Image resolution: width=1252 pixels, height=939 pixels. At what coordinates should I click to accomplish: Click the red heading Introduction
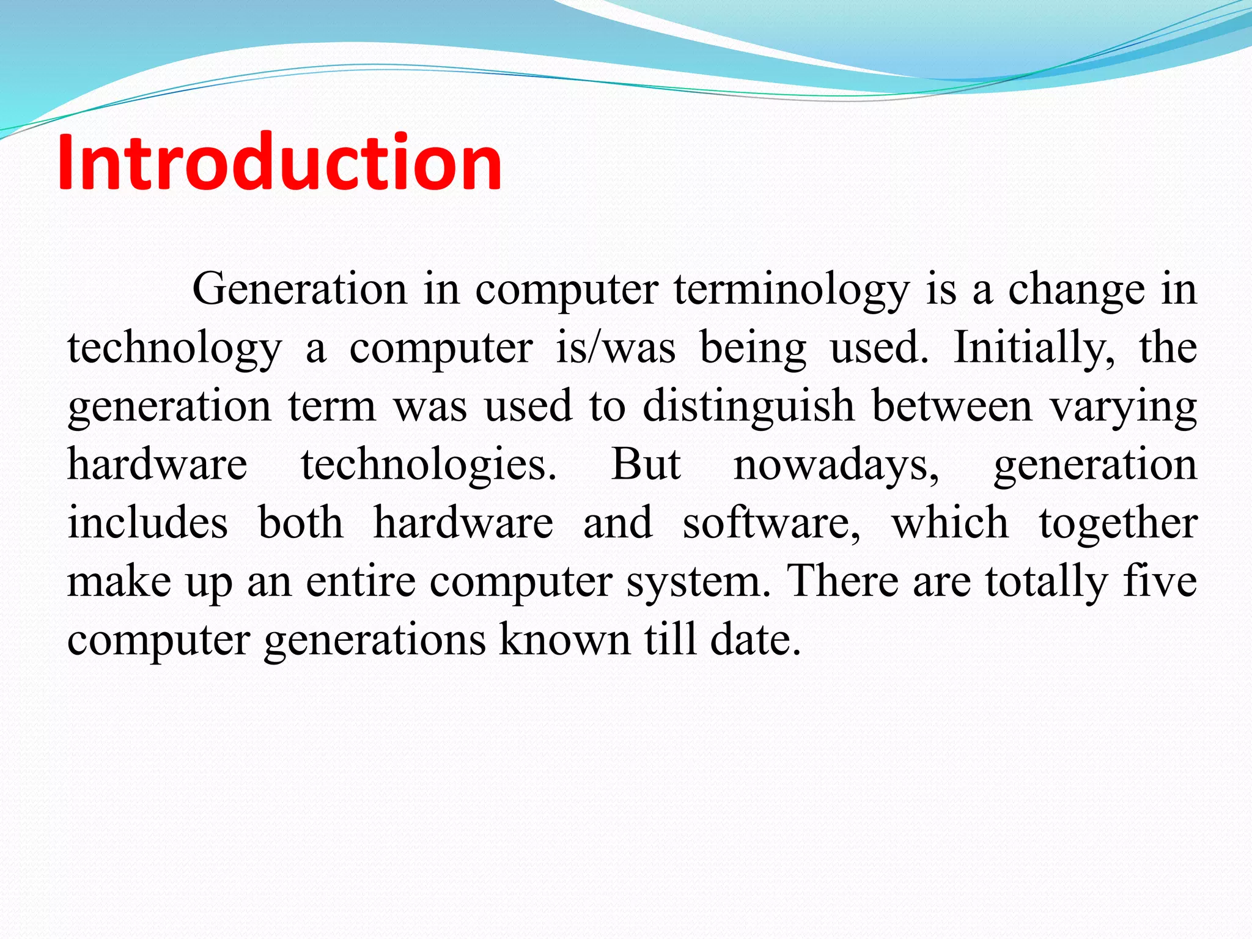279,163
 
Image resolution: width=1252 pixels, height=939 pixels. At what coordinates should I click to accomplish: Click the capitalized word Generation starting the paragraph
300,289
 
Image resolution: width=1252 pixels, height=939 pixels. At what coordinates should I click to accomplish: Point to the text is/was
616,348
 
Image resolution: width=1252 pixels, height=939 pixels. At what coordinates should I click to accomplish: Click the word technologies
429,465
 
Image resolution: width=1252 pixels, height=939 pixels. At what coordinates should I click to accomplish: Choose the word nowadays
836,465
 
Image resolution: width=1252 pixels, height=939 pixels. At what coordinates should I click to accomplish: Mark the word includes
147,523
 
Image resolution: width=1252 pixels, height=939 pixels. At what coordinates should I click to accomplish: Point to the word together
1118,524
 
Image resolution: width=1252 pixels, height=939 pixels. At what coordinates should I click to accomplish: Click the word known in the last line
564,639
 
